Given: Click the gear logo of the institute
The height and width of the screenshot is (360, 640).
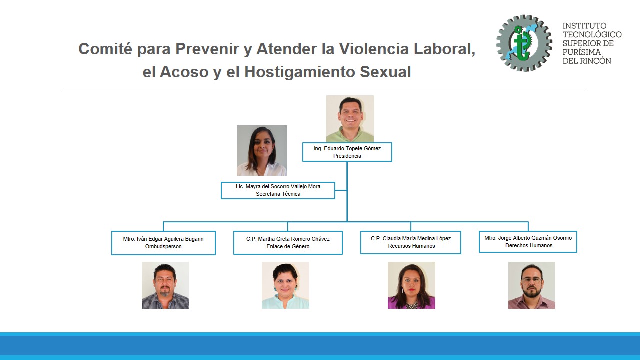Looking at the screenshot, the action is (524, 43).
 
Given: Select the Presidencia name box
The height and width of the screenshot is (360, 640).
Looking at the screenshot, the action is (347, 152).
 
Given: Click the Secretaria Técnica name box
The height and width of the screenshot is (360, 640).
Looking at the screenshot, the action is (278, 190).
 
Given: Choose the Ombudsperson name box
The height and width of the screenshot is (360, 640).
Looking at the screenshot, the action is (163, 243).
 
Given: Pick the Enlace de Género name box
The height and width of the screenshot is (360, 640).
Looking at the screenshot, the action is (288, 243).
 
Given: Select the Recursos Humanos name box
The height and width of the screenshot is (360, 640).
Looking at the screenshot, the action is (411, 242).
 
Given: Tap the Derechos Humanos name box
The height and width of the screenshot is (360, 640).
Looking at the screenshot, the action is (528, 242).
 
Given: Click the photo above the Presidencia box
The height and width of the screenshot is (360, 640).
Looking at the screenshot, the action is (350, 119).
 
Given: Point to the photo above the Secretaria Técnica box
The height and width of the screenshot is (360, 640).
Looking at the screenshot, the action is (262, 150).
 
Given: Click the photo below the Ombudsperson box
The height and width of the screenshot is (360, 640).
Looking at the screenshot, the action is (165, 285).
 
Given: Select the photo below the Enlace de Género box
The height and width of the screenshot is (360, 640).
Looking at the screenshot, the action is (285, 285).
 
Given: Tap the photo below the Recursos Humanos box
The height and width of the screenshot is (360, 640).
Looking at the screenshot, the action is (411, 285).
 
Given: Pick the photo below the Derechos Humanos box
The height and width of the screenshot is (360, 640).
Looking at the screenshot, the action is (532, 285).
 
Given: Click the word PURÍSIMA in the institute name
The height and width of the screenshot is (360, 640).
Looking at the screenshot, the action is (582, 52).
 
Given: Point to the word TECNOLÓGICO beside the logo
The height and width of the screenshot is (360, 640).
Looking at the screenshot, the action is (592, 34).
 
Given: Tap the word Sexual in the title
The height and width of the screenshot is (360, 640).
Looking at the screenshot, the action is (385, 72).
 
